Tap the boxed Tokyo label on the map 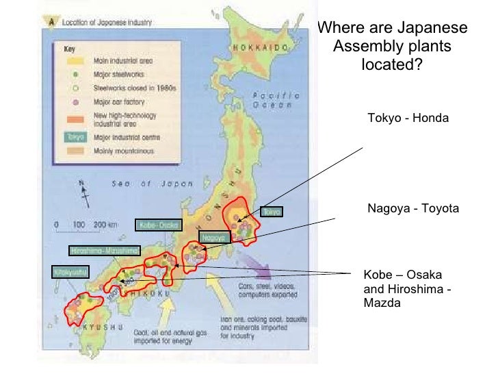[272, 212]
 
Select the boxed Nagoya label [213, 238]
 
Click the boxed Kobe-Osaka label [159, 225]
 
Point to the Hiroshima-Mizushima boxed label [105, 250]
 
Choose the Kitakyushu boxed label [70, 272]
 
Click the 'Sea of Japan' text [153, 184]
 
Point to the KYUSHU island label [103, 329]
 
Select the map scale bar [83, 225]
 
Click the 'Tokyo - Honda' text [408, 119]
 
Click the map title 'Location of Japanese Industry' [108, 22]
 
